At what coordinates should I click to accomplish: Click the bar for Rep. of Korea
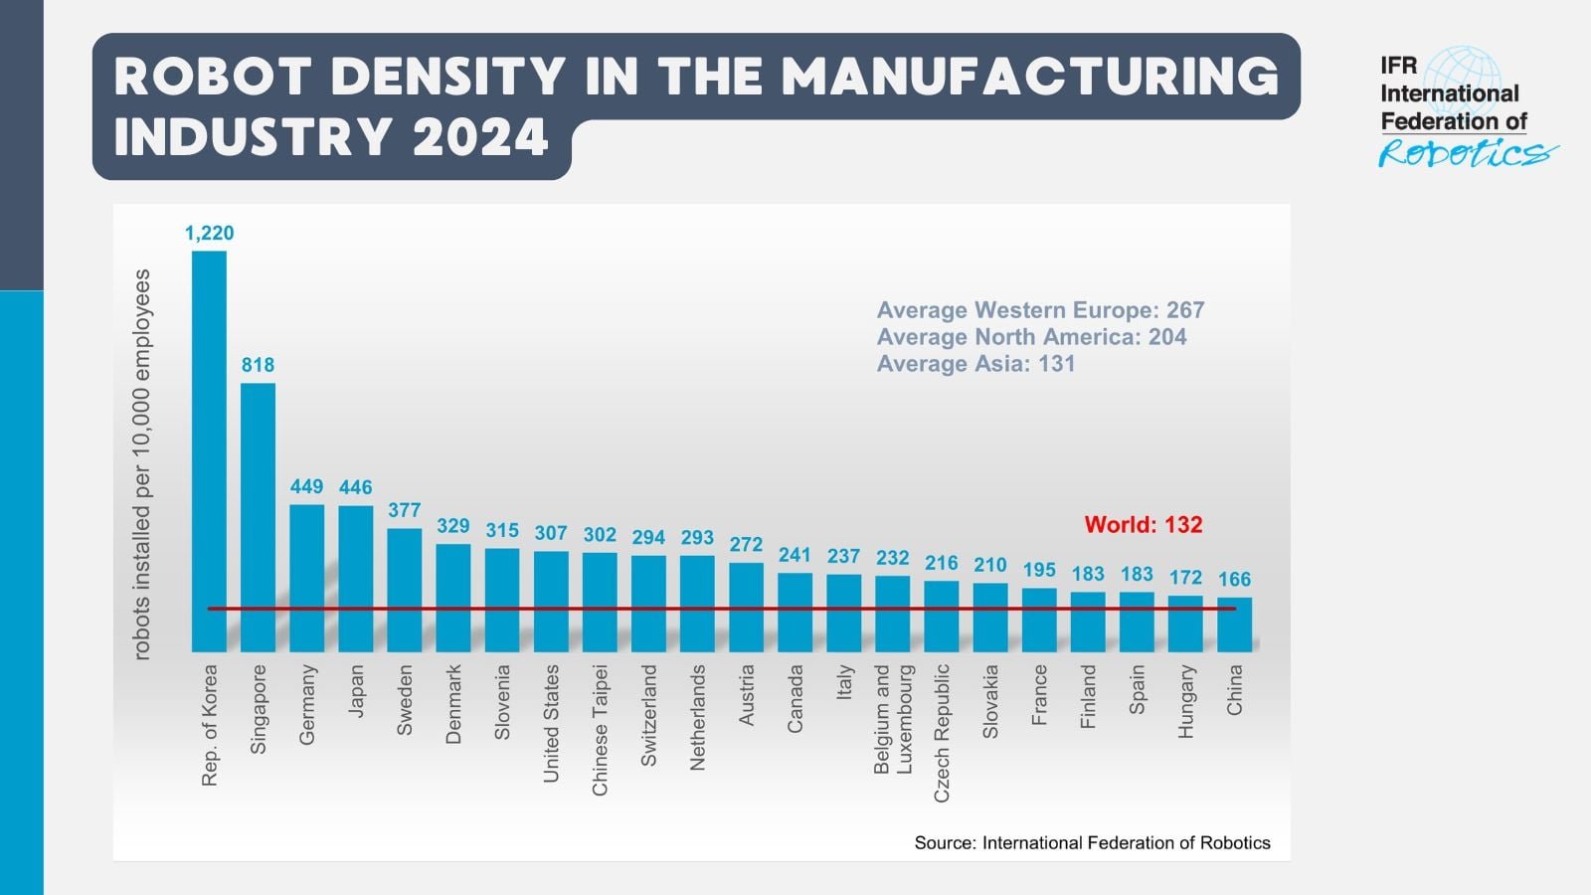[x=209, y=447]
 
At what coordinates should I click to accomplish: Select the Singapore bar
[x=258, y=517]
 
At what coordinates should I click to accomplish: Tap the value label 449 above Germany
[x=306, y=486]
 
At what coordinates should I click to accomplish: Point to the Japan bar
[x=355, y=577]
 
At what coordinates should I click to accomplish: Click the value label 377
[x=404, y=510]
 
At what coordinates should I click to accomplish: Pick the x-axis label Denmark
[x=453, y=704]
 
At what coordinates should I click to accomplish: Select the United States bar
[x=551, y=601]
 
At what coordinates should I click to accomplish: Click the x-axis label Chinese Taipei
[x=600, y=730]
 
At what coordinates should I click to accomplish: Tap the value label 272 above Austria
[x=746, y=545]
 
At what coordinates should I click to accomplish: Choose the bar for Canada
[x=795, y=612]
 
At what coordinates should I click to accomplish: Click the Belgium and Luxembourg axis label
[x=893, y=719]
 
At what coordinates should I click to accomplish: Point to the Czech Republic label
[x=942, y=733]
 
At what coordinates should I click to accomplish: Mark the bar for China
[x=1234, y=625]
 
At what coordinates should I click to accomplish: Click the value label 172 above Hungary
[x=1185, y=578]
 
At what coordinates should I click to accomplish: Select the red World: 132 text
[x=1143, y=525]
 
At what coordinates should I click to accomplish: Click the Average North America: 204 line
[x=1031, y=337]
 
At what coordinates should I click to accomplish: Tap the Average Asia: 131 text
[x=975, y=364]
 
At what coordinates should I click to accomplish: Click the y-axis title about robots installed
[x=142, y=464]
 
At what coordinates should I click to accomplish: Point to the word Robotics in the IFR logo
[x=1466, y=153]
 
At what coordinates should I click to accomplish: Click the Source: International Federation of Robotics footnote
[x=1092, y=843]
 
